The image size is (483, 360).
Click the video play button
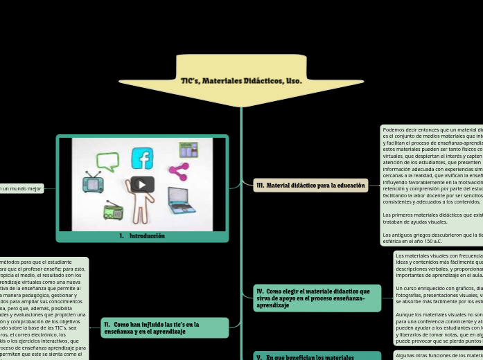pos(142,185)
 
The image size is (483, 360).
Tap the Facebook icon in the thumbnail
pos(142,159)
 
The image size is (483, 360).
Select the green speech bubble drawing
pos(107,161)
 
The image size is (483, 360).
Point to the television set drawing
pos(93,183)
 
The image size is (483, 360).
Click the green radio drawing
pos(113,210)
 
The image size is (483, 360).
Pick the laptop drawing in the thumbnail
pos(182,201)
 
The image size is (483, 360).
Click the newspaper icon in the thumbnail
pos(188,150)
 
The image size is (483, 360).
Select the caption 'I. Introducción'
pos(142,236)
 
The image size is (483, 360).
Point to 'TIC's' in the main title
pos(189,81)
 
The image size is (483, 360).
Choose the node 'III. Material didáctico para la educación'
pos(310,186)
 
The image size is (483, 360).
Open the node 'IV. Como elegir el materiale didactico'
pos(317,298)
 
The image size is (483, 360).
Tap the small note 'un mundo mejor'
pos(21,188)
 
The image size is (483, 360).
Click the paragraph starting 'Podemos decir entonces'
pos(432,165)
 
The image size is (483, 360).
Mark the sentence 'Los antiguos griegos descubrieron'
pos(432,237)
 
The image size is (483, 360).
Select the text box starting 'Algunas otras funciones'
pos(439,355)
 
